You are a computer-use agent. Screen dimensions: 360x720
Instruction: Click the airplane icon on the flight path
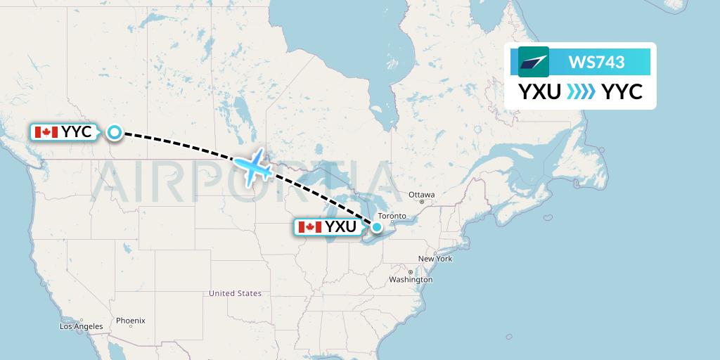253,167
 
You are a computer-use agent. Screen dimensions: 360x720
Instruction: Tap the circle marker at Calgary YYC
114,131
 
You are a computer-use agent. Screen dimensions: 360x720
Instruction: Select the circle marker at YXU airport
377,226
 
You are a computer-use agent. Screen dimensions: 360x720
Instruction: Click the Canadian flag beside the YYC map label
46,131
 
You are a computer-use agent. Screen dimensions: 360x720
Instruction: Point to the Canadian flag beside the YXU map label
309,226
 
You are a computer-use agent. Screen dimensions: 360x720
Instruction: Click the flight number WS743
596,62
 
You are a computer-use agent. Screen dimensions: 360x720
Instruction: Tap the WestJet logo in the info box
534,62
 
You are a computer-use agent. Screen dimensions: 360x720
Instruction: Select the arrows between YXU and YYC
581,91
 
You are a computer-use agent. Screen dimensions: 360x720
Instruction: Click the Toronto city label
392,216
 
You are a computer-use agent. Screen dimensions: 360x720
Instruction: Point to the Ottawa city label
422,194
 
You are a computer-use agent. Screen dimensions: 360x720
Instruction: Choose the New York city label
435,259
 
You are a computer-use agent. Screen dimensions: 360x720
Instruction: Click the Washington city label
411,280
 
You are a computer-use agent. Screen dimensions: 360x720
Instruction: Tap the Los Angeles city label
82,326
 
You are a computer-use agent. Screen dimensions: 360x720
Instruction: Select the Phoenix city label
131,321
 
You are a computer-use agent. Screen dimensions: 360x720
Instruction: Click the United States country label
235,293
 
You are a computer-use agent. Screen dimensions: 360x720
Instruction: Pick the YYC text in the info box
622,91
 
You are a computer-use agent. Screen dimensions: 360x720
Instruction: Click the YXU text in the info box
540,91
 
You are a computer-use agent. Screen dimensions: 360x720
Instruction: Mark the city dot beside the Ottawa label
422,202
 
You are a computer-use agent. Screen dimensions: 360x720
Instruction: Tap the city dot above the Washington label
410,272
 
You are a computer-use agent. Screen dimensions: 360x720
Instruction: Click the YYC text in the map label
76,131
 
